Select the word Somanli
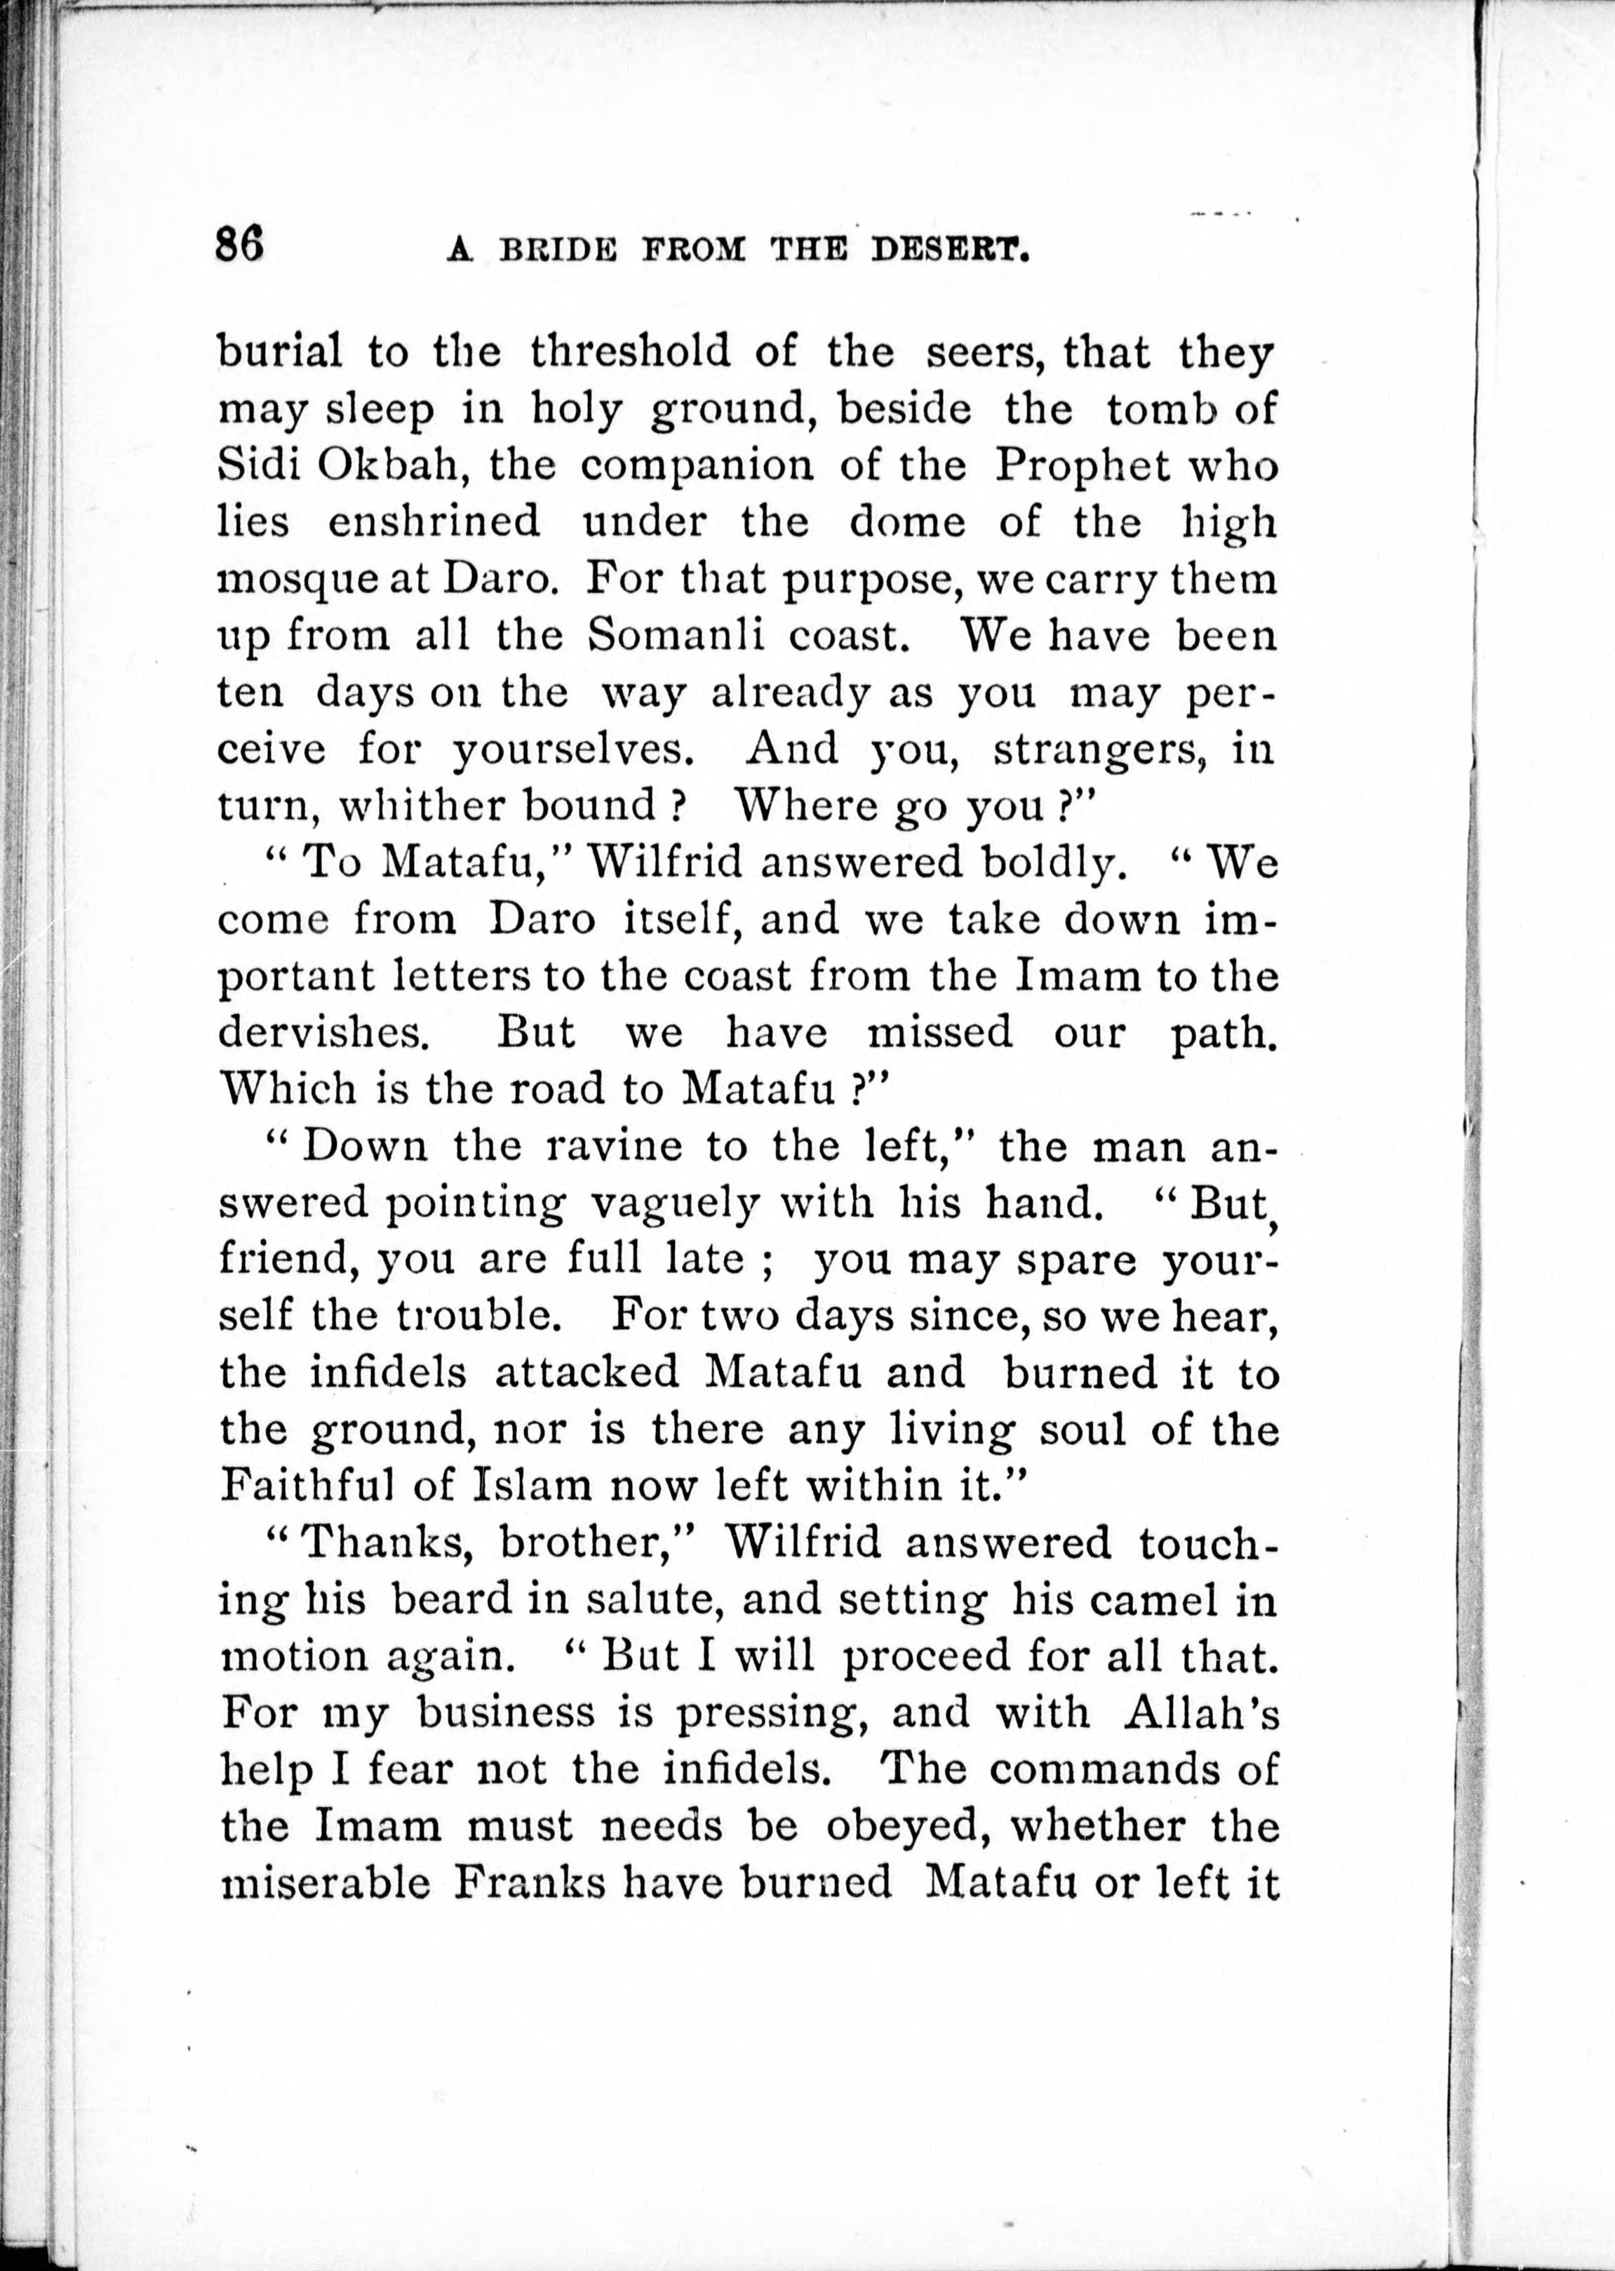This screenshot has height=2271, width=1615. click(676, 634)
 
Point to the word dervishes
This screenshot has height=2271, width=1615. click(323, 1032)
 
